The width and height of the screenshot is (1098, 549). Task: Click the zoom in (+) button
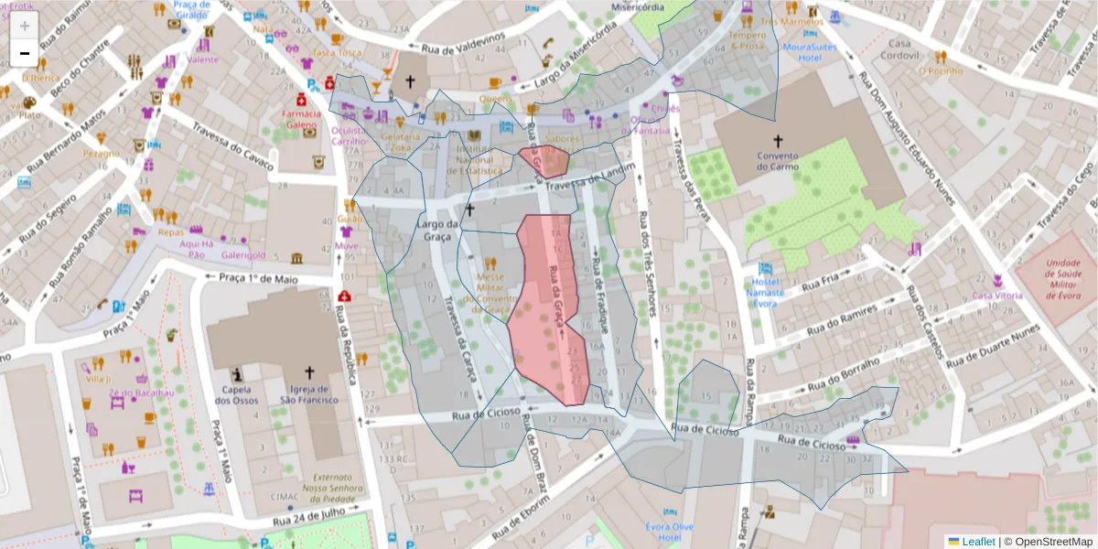pos(24,26)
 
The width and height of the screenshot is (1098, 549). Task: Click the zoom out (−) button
pos(24,53)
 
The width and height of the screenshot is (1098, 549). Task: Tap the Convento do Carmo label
pos(778,161)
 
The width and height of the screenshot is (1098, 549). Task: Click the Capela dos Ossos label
pos(237,393)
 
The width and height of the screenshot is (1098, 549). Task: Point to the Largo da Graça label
pos(436,231)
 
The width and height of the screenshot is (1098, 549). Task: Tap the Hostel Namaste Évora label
pos(764,292)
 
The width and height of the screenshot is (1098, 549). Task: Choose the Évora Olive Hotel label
pos(670,532)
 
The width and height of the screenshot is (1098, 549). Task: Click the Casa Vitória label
pos(996,296)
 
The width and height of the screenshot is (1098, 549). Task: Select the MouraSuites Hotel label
pos(802,52)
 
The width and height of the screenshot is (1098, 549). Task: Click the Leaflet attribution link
pos(976,541)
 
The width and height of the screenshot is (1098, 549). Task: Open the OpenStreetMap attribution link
pos(1051,541)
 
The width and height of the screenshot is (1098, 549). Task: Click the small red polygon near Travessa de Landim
pos(544,160)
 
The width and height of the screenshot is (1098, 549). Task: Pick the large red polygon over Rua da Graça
pos(546,311)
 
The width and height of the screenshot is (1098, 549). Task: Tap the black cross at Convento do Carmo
pos(778,141)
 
